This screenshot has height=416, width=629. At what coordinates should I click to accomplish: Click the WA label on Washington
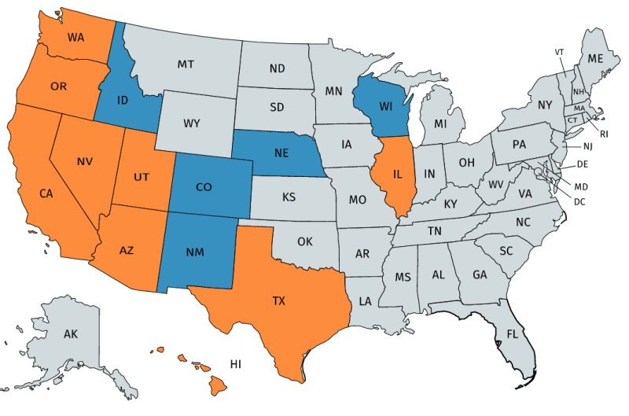point(76,37)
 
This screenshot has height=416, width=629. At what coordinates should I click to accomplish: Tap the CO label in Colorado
point(204,189)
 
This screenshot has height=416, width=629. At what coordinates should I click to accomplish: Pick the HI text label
point(235,364)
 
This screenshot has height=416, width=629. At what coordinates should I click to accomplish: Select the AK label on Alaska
point(71,334)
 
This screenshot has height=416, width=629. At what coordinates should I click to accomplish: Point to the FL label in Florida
point(512,333)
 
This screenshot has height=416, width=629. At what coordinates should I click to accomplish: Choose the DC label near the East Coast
point(579,201)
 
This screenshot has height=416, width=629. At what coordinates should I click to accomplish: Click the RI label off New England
point(603,134)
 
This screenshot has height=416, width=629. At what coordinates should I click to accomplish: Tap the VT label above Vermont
point(560,52)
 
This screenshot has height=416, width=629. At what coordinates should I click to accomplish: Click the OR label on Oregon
point(58,86)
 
